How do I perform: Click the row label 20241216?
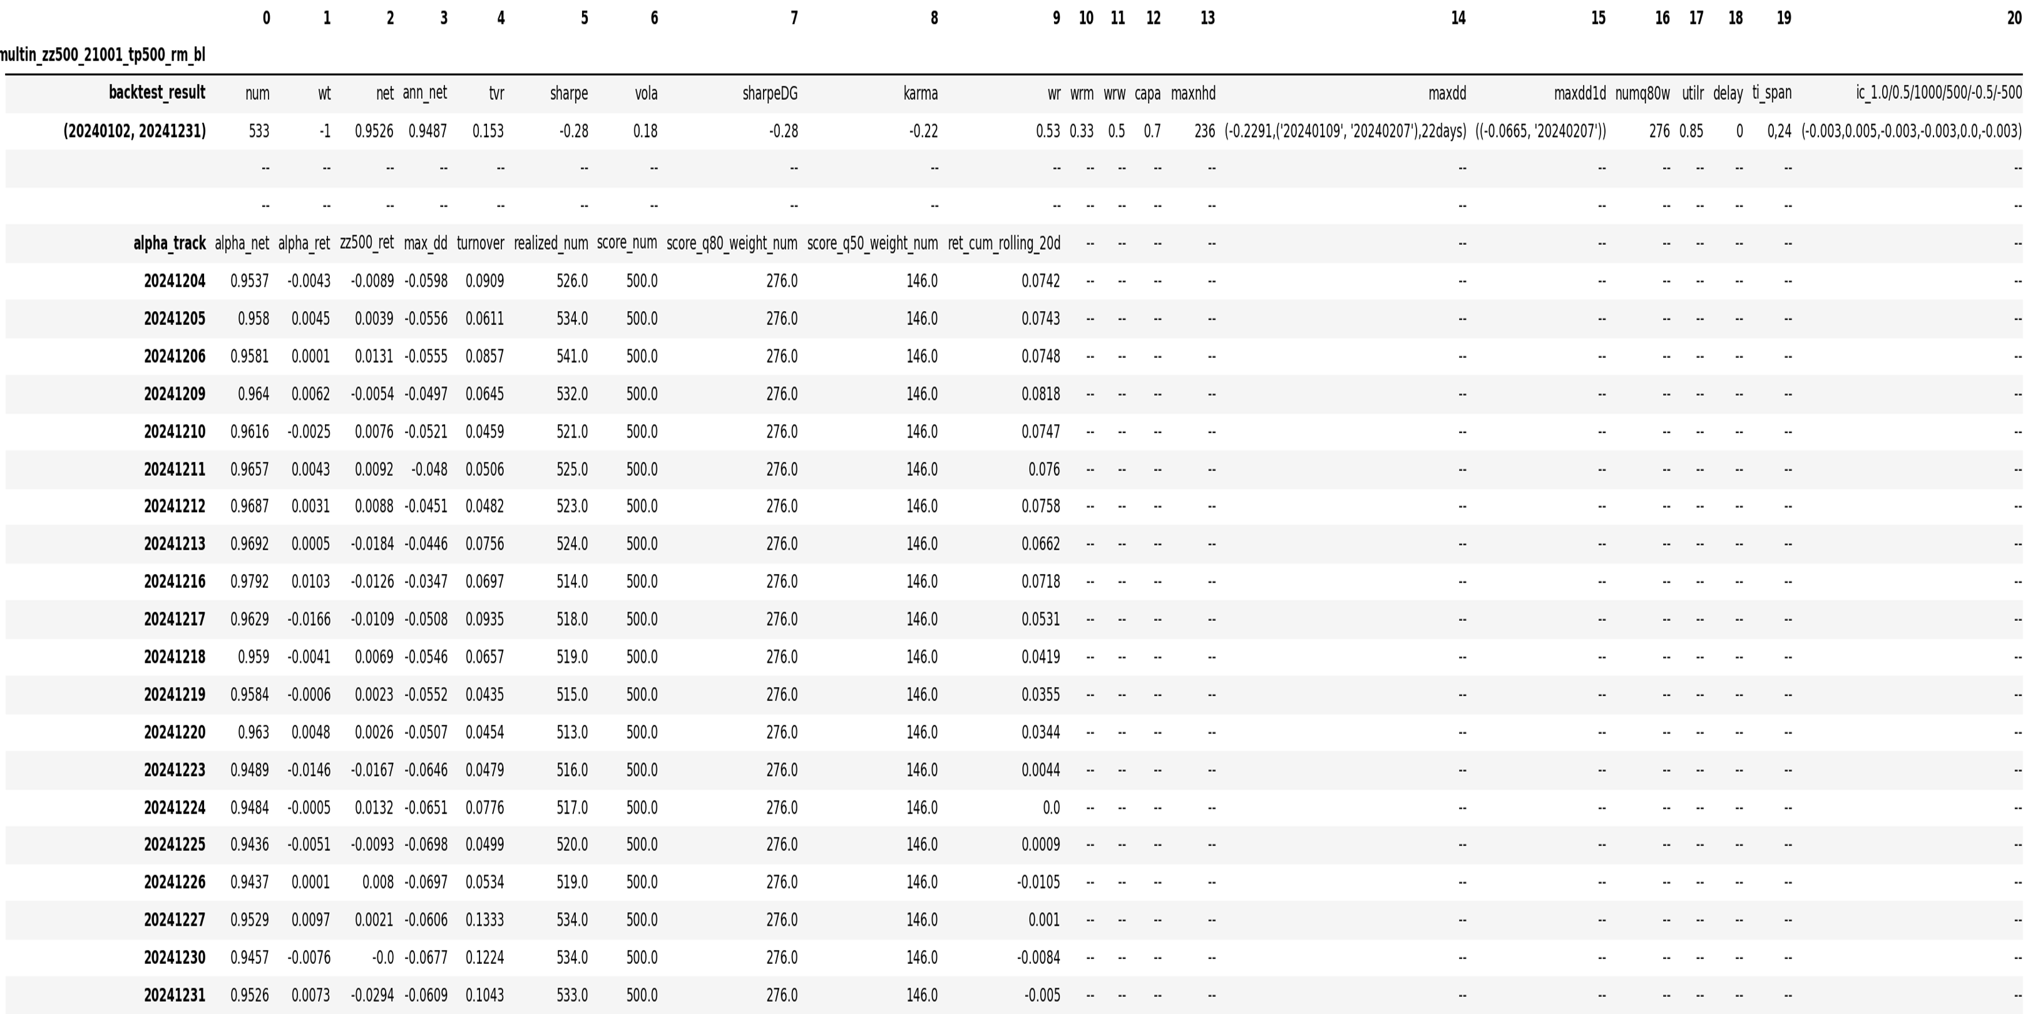(x=174, y=581)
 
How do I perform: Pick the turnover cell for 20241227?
(x=484, y=919)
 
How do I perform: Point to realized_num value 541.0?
(x=571, y=357)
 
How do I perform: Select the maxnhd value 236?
(x=1204, y=131)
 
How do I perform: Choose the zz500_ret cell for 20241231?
(x=373, y=995)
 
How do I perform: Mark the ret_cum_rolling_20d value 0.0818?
(x=1040, y=394)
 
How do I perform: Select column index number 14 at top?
(x=1457, y=18)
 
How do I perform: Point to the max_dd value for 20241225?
(x=425, y=845)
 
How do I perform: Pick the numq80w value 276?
(x=1659, y=131)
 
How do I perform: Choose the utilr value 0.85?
(x=1691, y=131)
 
